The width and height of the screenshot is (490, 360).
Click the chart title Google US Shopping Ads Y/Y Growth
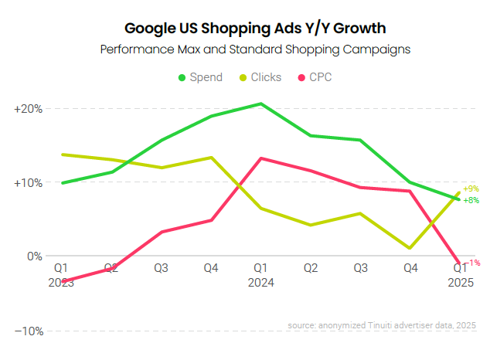click(244, 29)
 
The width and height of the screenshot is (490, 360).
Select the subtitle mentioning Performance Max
click(244, 49)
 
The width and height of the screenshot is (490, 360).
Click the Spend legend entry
click(200, 77)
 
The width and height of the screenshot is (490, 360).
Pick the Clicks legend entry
click(259, 77)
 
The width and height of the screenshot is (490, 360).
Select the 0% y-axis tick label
click(34, 256)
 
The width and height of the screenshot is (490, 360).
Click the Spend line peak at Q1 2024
click(261, 104)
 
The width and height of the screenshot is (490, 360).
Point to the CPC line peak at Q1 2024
click(261, 158)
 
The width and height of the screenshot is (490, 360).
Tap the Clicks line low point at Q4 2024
click(410, 248)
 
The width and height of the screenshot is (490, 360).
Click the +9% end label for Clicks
click(471, 188)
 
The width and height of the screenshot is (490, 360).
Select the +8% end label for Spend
click(471, 200)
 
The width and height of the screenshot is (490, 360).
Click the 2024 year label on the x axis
click(261, 283)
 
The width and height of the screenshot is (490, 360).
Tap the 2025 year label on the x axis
click(461, 283)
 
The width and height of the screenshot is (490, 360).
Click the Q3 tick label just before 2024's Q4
click(361, 268)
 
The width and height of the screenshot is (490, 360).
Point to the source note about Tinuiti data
click(382, 326)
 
